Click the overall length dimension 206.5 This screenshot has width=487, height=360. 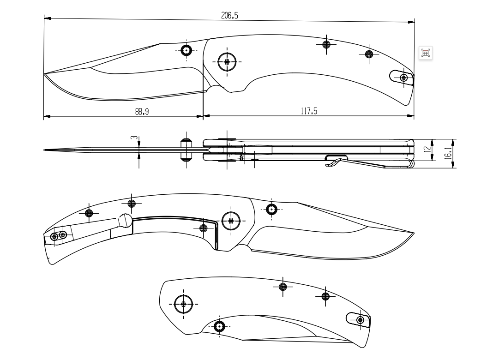click(229, 16)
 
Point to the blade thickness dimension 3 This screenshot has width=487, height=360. click(133, 138)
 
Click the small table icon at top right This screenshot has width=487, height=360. click(426, 53)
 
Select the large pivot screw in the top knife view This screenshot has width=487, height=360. click(227, 61)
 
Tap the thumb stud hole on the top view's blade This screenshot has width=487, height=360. click(186, 50)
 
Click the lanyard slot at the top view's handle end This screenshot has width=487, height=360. click(400, 77)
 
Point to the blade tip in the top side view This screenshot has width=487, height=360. click(45, 74)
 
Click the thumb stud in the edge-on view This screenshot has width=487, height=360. click(186, 150)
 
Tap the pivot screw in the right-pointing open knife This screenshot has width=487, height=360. click(231, 221)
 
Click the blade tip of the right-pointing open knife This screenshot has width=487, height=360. click(413, 234)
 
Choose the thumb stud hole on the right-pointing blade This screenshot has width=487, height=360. click(271, 209)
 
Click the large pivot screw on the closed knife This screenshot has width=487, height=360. click(184, 304)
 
